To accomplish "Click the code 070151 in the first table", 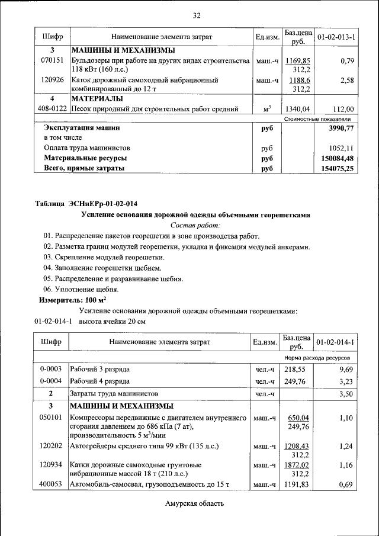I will click(x=52, y=60).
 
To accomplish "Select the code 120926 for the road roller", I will click(x=52, y=79).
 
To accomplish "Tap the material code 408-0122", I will click(x=52, y=108).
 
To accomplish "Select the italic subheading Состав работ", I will click(x=195, y=225).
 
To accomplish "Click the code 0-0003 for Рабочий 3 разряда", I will click(x=52, y=368).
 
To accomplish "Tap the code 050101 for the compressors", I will click(x=52, y=418).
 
